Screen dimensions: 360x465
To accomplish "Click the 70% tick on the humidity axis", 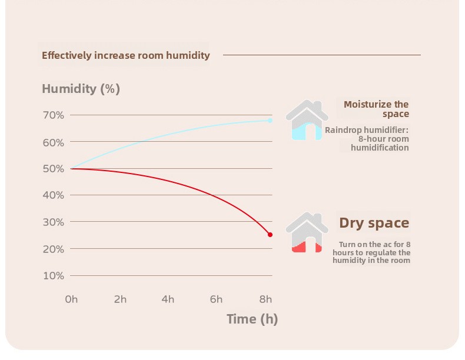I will (53, 115).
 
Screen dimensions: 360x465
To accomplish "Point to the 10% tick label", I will (53, 276).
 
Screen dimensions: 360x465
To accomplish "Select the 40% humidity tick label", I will (53, 195).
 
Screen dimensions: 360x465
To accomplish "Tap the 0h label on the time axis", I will (71, 299).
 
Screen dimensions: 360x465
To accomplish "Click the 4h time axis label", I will (168, 299).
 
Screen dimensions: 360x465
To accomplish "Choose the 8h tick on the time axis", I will (265, 299).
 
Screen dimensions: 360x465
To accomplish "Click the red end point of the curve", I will (270, 235).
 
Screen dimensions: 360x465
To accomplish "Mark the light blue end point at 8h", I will (270, 121).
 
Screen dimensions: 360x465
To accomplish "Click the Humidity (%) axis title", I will (81, 89).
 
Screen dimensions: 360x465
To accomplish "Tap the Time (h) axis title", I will (252, 319).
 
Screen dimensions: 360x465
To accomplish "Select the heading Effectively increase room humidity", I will (125, 56).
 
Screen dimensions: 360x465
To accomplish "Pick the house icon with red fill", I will (307, 232).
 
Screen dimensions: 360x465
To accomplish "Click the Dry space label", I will (374, 224).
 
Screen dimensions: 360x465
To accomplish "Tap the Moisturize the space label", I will (376, 109).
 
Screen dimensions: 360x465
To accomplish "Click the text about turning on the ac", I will (371, 252).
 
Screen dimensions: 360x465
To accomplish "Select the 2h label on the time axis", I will (120, 299).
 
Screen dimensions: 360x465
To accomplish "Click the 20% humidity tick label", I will (53, 249).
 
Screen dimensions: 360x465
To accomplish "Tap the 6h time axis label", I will (217, 299).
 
